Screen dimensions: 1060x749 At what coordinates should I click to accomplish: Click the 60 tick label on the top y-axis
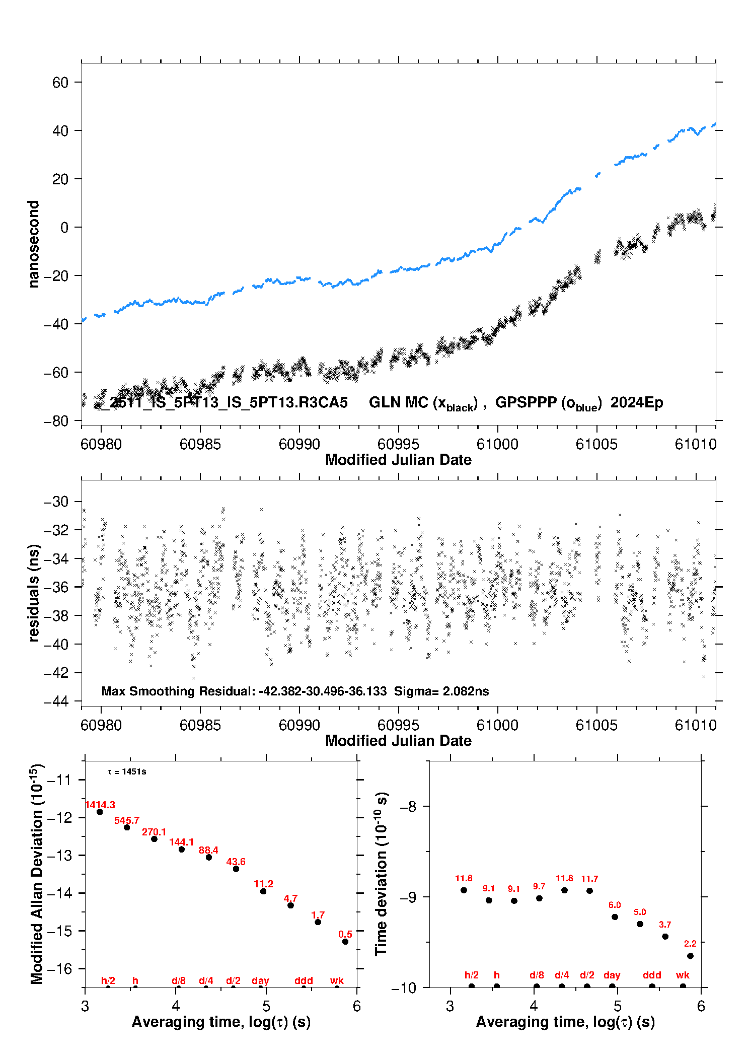click(x=60, y=82)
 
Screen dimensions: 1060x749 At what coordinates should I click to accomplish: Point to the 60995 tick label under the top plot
click(x=398, y=444)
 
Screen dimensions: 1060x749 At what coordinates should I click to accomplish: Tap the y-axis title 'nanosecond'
click(x=34, y=244)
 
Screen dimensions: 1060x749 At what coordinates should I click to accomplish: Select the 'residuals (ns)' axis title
click(x=34, y=593)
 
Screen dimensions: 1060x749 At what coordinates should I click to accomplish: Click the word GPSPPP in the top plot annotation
click(x=526, y=402)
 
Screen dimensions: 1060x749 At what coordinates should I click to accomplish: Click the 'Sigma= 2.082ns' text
click(x=441, y=691)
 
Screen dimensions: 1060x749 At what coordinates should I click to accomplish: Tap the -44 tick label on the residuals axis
click(x=56, y=701)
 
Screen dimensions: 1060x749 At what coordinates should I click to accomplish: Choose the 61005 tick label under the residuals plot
click(x=596, y=725)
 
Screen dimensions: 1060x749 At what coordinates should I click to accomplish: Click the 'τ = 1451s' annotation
click(x=127, y=771)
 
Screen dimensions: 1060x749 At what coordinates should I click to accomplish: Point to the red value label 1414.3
click(x=100, y=805)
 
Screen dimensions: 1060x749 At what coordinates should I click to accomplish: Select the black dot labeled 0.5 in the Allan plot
click(x=345, y=941)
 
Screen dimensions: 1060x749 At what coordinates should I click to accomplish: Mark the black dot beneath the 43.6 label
click(x=236, y=869)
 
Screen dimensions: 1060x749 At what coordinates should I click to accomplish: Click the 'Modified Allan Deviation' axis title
click(x=37, y=874)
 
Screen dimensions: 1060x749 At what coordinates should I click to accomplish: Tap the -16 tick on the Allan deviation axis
click(x=60, y=968)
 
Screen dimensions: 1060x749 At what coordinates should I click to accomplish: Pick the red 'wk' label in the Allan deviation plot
click(x=337, y=980)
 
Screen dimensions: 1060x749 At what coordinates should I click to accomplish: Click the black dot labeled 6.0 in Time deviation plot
click(x=615, y=916)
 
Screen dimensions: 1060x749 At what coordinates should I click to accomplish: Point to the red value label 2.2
click(x=690, y=943)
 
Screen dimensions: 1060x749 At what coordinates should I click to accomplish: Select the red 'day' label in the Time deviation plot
click(x=612, y=975)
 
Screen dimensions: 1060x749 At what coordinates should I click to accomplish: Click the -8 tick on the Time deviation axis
click(x=408, y=806)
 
